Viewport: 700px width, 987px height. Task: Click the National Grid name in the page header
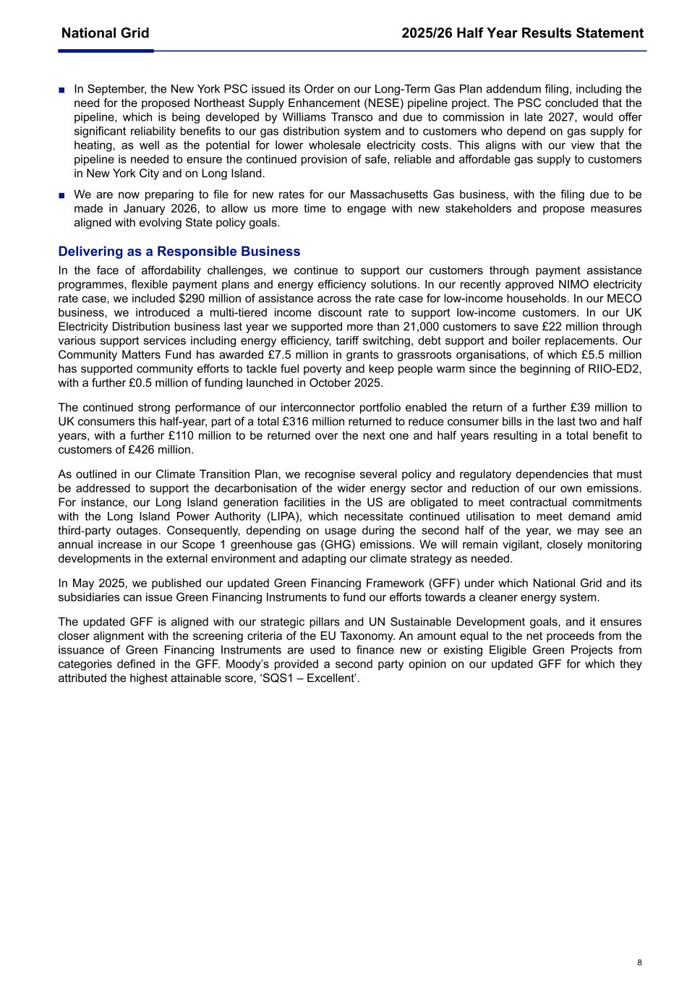[105, 33]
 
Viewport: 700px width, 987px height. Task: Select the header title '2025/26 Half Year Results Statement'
[522, 33]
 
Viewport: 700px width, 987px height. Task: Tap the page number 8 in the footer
[639, 962]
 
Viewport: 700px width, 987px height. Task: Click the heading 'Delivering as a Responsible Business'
[179, 252]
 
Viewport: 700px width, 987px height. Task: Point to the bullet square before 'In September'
[62, 90]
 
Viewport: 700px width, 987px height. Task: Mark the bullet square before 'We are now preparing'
[62, 196]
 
